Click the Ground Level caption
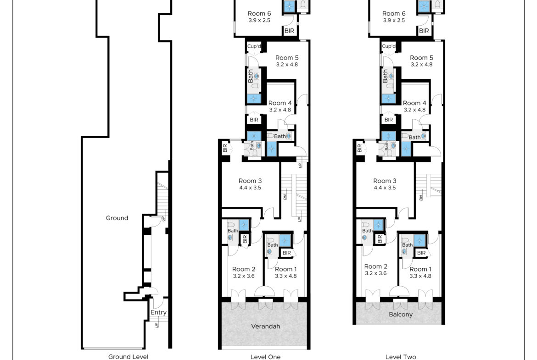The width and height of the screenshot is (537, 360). pyautogui.click(x=128, y=357)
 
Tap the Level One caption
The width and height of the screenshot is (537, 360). pyautogui.click(x=265, y=357)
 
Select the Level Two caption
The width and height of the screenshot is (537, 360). pyautogui.click(x=401, y=357)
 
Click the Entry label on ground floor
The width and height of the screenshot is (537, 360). pyautogui.click(x=158, y=312)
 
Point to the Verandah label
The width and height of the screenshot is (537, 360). pyautogui.click(x=265, y=326)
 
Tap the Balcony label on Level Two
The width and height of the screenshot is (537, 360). pyautogui.click(x=401, y=314)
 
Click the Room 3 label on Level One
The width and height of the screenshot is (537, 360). pyautogui.click(x=250, y=181)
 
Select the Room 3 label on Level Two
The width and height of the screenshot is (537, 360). pyautogui.click(x=385, y=181)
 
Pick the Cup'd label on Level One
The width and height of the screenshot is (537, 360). pyautogui.click(x=254, y=46)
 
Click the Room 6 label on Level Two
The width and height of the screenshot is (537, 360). pyautogui.click(x=394, y=13)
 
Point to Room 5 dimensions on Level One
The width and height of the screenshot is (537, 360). pyautogui.click(x=287, y=64)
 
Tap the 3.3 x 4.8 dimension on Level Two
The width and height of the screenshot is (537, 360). pyautogui.click(x=420, y=276)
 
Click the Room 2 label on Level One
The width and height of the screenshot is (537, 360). pyautogui.click(x=244, y=269)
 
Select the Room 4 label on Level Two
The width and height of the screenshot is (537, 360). pyautogui.click(x=414, y=103)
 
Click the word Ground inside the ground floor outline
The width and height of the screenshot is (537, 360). pyautogui.click(x=117, y=218)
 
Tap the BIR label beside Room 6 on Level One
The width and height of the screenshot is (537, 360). pyautogui.click(x=290, y=31)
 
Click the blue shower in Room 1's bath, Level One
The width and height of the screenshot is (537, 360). pyautogui.click(x=285, y=240)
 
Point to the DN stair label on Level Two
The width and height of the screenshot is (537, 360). pyautogui.click(x=421, y=197)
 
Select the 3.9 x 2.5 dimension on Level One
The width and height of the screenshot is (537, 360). pyautogui.click(x=259, y=20)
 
